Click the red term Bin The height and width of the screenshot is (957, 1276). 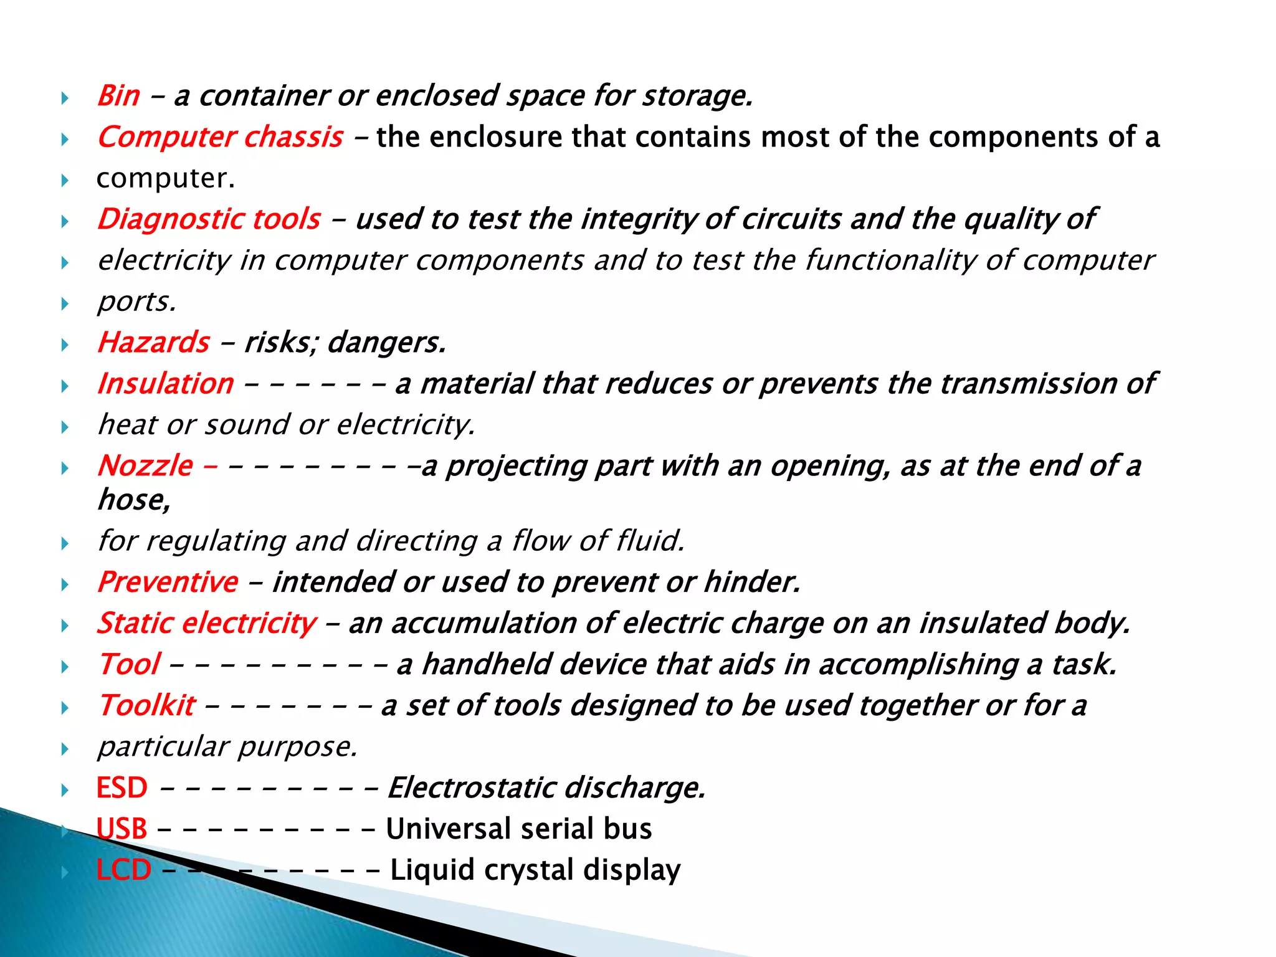[118, 96]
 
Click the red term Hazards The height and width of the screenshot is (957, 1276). [154, 343]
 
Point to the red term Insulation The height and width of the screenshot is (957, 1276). [166, 384]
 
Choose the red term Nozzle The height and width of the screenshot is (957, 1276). [145, 466]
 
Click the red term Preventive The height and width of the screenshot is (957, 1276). [168, 582]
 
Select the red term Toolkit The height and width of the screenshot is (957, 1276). [147, 705]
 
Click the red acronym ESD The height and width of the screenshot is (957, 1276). [122, 788]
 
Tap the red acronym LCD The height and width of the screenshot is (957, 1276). [124, 870]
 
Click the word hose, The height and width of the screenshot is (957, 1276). [134, 500]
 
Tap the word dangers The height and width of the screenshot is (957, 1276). [386, 343]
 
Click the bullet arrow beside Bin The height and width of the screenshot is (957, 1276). [65, 98]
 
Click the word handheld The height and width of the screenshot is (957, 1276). [485, 664]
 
